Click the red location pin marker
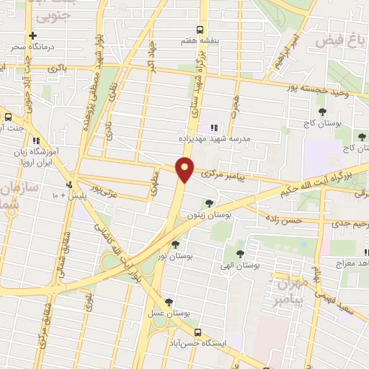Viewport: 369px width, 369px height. point(185,170)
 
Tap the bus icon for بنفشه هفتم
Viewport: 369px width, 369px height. point(200,30)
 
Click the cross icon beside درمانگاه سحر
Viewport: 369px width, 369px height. point(32,35)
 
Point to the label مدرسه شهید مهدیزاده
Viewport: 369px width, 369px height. point(213,139)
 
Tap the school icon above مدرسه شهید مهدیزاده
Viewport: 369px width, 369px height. point(213,128)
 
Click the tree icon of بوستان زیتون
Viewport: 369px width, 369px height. point(209,204)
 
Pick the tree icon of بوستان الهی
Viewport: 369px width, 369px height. point(240,253)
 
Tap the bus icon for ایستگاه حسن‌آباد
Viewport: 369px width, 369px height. point(197,332)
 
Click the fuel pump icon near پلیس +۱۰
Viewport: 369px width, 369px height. point(69,184)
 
